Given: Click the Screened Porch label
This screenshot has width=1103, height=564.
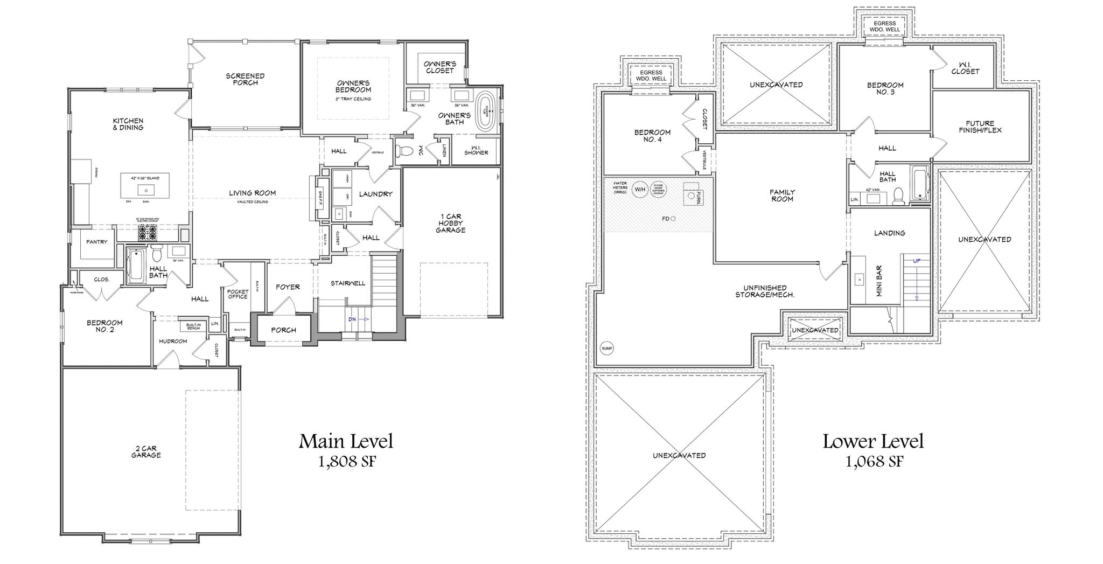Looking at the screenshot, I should click(x=245, y=79).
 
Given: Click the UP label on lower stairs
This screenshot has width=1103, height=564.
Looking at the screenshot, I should click(x=917, y=261).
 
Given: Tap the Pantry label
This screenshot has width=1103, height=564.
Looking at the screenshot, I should click(x=97, y=242).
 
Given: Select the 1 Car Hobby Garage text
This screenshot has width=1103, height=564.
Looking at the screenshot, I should click(x=451, y=224).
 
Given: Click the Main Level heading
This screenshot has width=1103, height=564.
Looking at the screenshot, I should click(x=346, y=441).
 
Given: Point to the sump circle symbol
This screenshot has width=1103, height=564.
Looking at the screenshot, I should click(x=606, y=349).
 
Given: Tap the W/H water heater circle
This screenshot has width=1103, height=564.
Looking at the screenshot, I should click(x=639, y=189).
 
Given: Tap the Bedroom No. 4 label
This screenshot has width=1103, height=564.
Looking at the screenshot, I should click(x=652, y=136).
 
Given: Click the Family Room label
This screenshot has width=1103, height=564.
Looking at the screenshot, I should click(x=782, y=196).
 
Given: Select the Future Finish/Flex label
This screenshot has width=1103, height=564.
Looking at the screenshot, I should click(x=980, y=127).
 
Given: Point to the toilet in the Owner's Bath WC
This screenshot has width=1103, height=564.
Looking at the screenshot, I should click(x=404, y=150).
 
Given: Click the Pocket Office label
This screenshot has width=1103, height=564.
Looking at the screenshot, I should click(x=238, y=294).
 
